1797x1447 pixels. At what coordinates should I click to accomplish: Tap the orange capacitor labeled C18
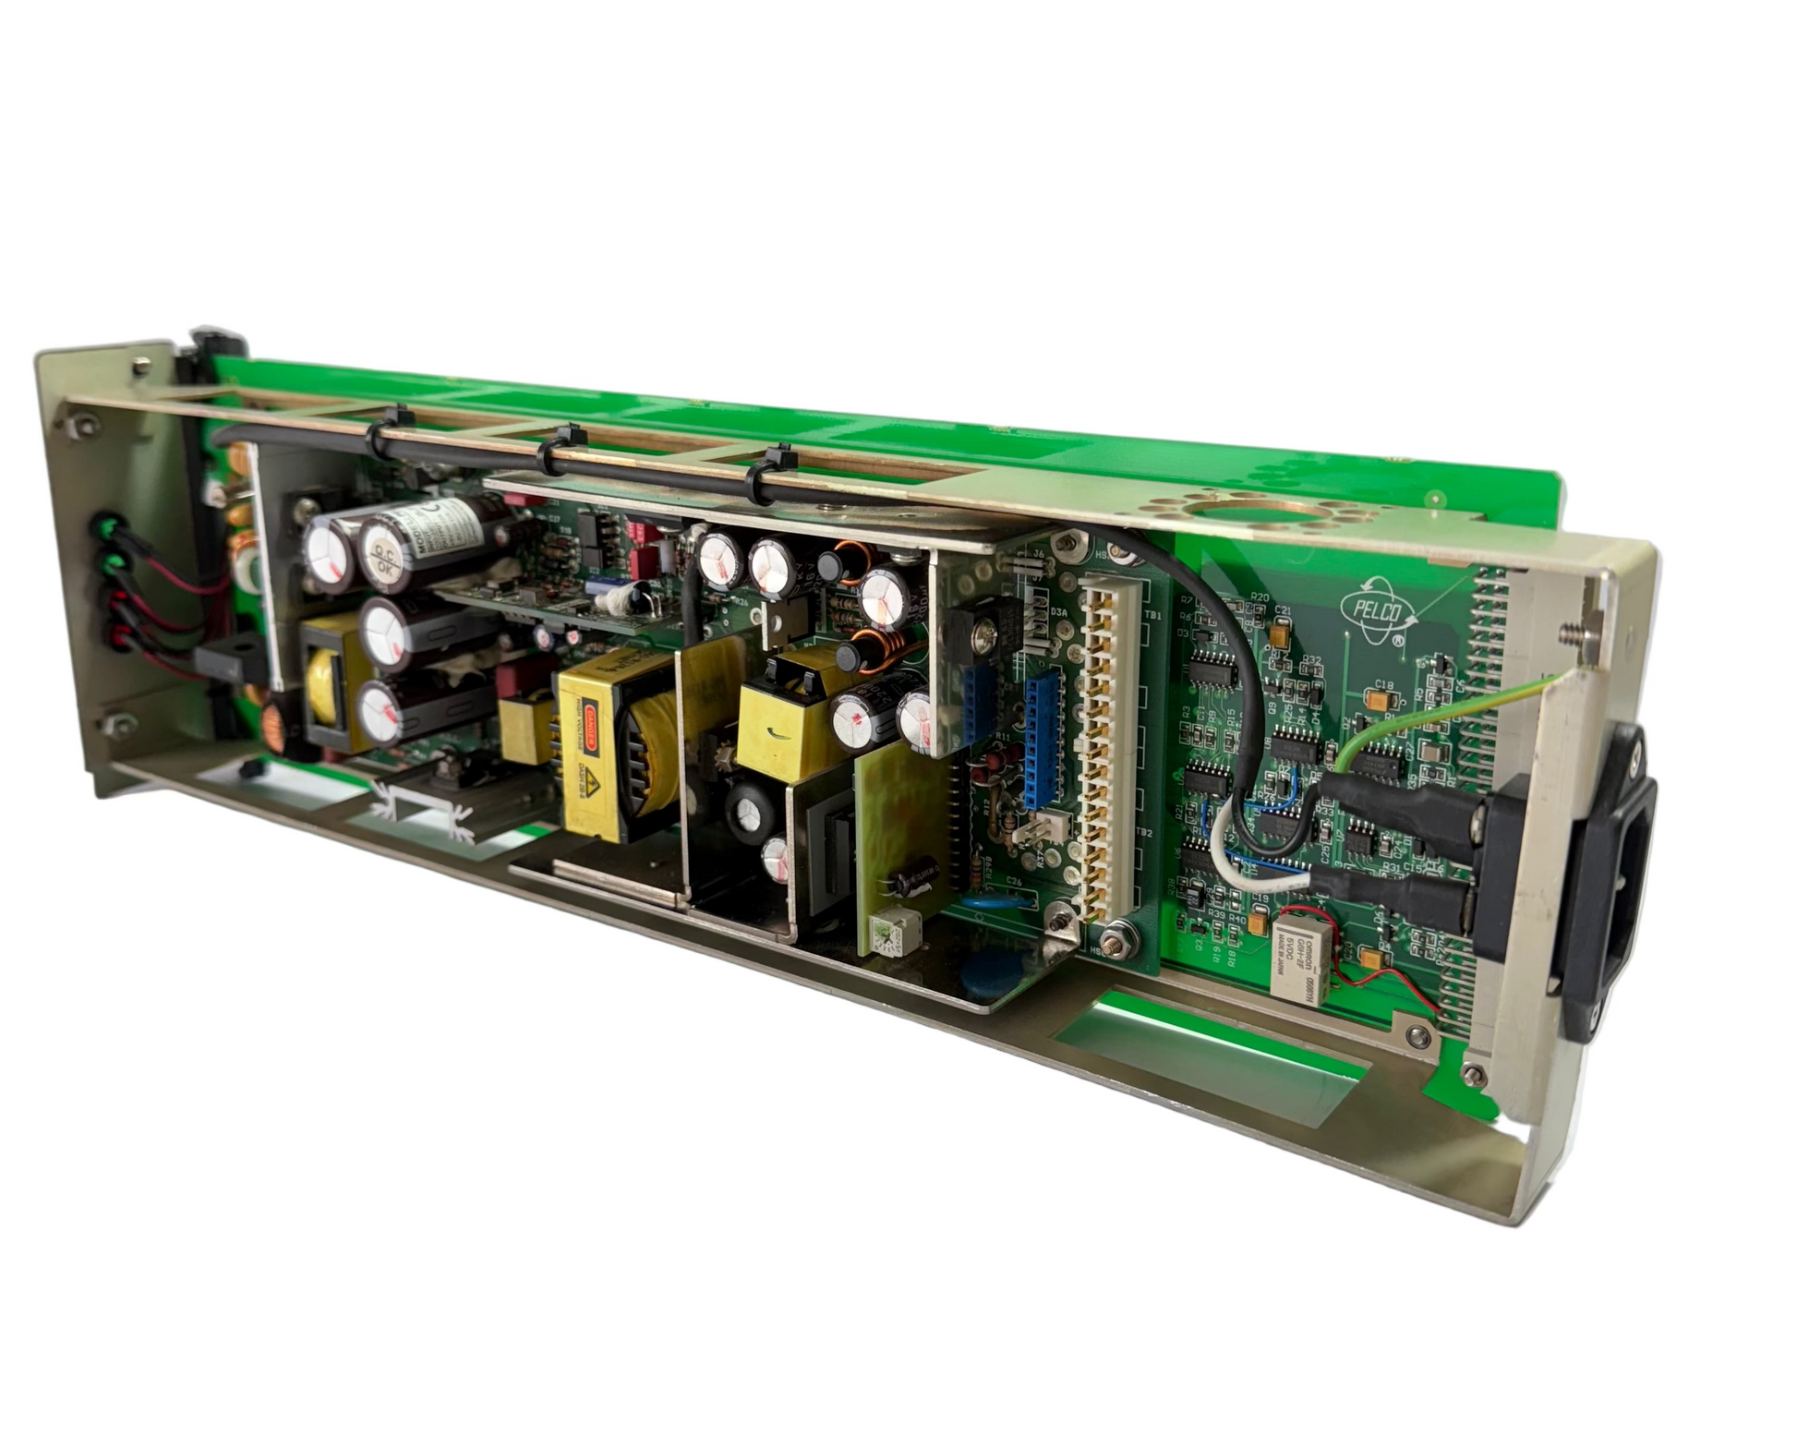[1381, 703]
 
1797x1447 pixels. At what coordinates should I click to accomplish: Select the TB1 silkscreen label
[1152, 615]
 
